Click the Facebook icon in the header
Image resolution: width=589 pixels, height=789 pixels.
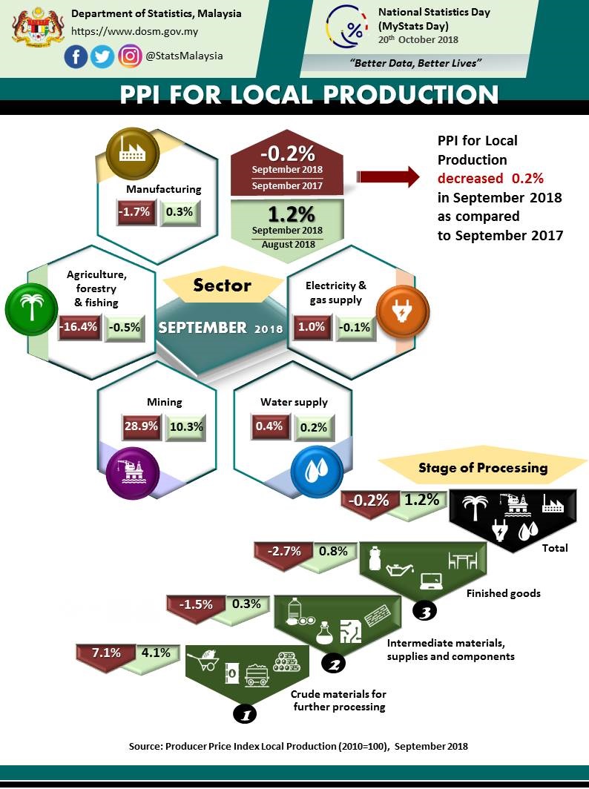(x=76, y=56)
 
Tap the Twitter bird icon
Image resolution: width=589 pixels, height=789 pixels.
(x=102, y=56)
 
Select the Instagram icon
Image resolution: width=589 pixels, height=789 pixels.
(x=130, y=56)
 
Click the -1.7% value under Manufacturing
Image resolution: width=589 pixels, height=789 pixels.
(x=134, y=212)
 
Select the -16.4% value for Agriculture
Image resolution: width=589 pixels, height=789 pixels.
(x=78, y=328)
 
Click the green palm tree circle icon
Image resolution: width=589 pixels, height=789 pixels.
(x=30, y=307)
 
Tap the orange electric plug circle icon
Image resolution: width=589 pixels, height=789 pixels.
(x=401, y=308)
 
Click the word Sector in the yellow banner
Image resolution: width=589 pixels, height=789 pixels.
(x=223, y=285)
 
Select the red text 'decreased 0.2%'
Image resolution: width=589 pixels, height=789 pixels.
(x=490, y=179)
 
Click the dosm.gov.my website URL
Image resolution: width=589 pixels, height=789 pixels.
(x=134, y=32)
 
